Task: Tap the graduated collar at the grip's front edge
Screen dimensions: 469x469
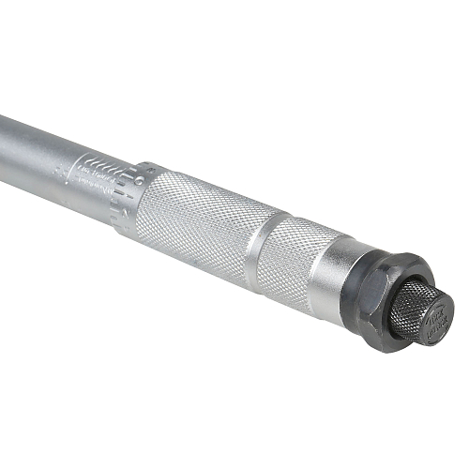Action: [x=131, y=192]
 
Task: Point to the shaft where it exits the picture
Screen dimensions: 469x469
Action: [x=4, y=127]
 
